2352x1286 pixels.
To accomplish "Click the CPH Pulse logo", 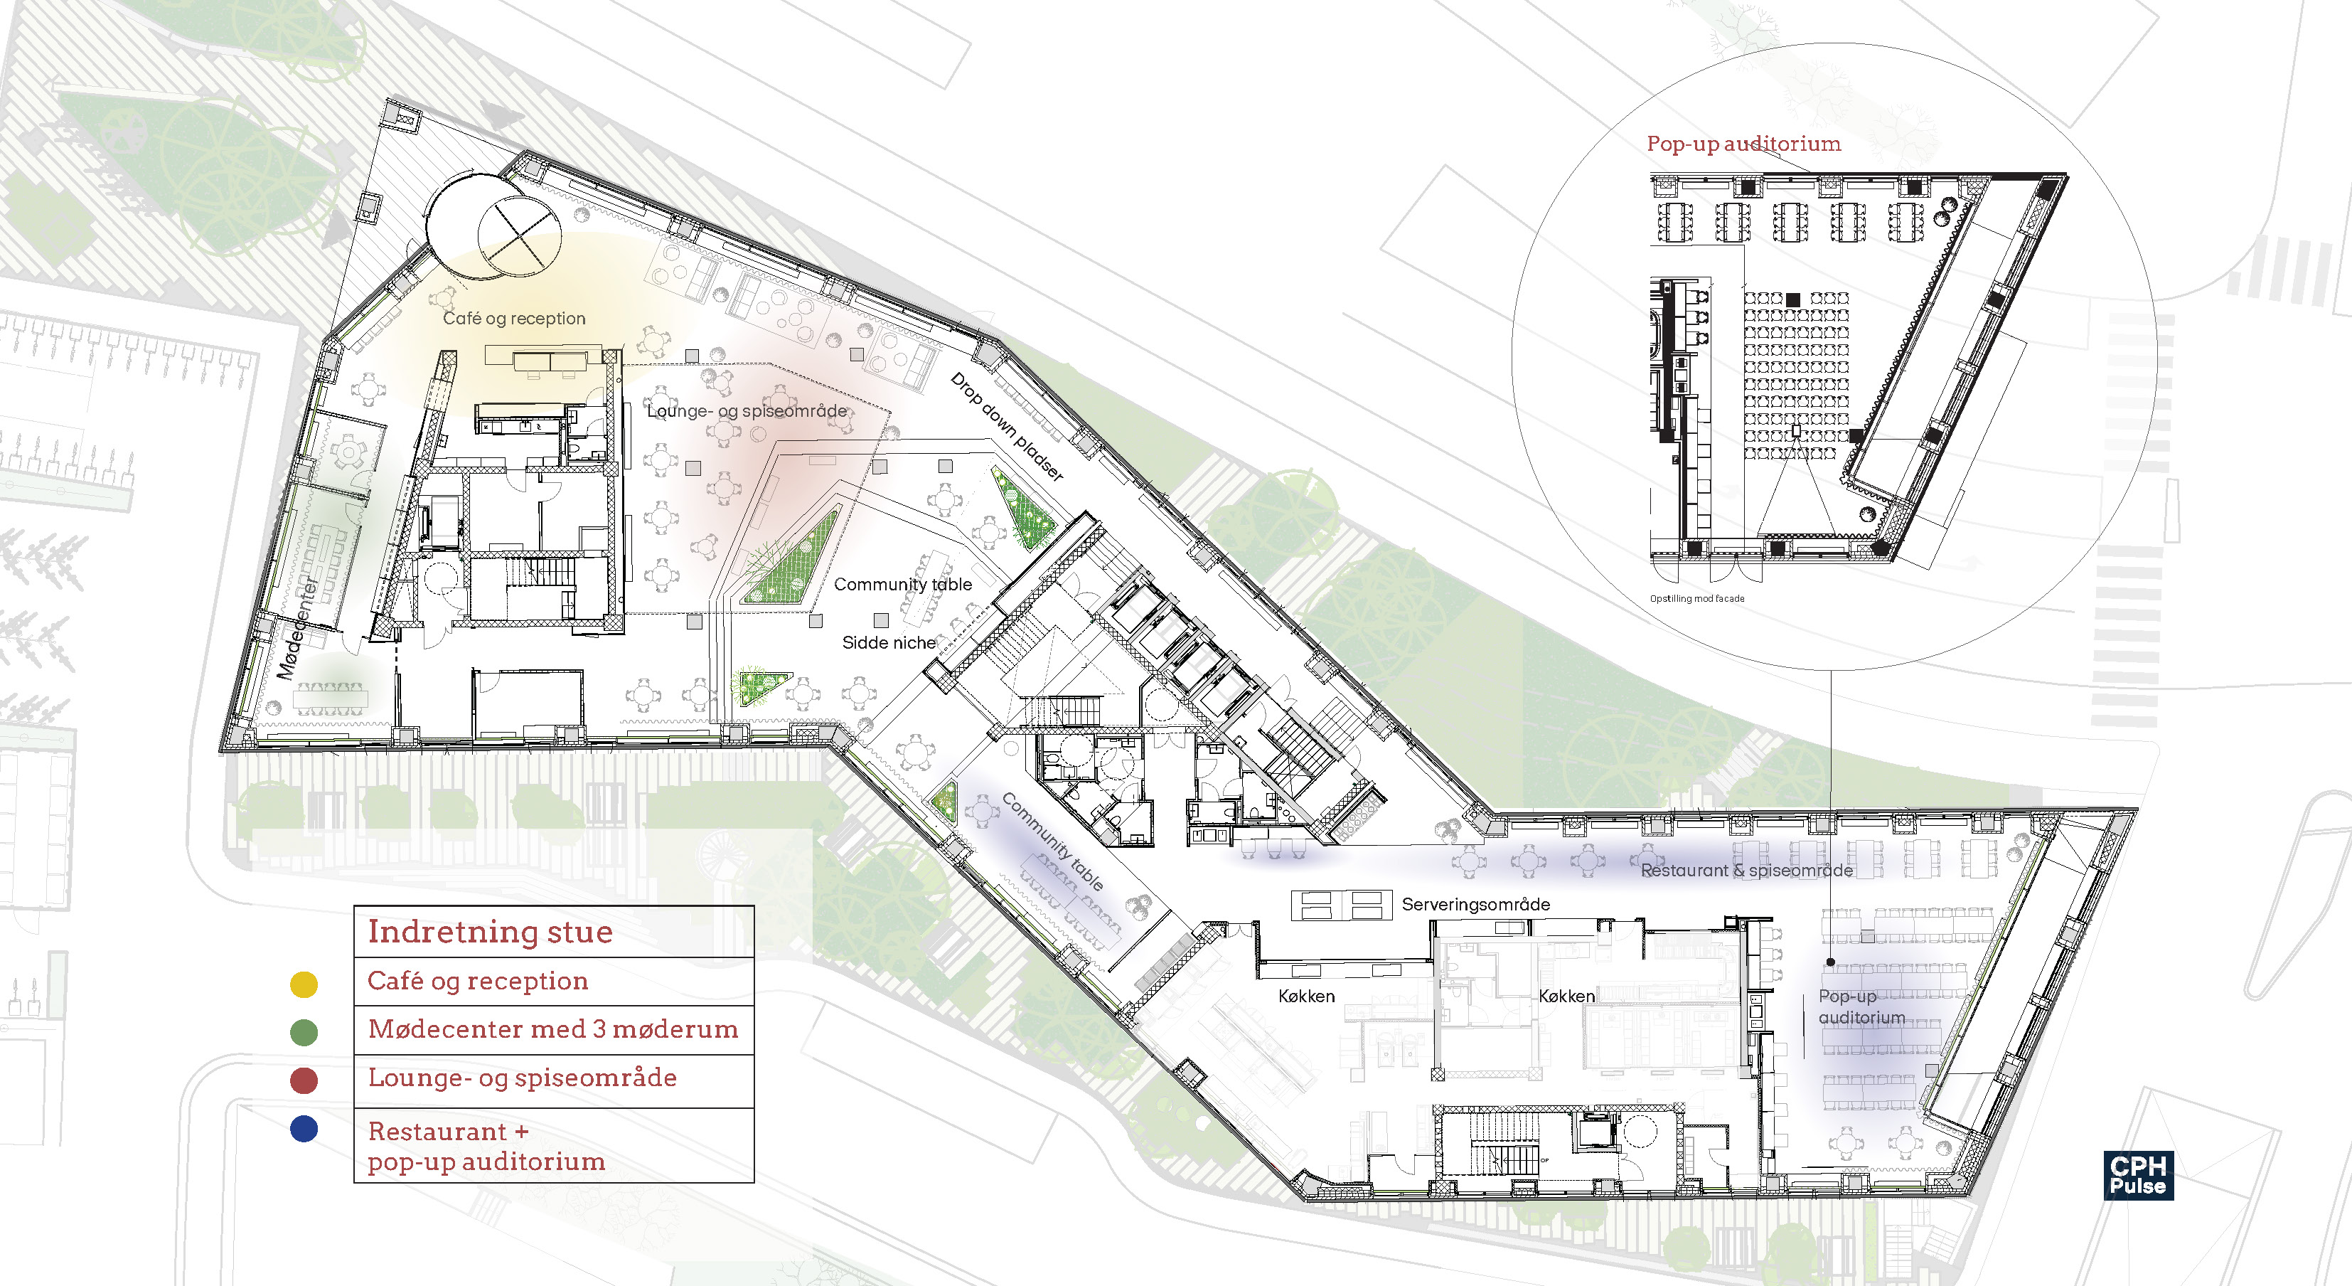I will click(x=2137, y=1176).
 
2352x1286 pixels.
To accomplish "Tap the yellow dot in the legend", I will click(x=303, y=984).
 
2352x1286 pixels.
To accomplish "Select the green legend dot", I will click(x=303, y=1032).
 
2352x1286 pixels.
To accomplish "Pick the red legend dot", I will click(x=303, y=1080).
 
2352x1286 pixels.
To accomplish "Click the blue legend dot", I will click(x=303, y=1129).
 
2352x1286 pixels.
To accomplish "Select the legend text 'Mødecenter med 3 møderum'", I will click(x=552, y=1029).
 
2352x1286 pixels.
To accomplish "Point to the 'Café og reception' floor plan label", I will click(x=514, y=318).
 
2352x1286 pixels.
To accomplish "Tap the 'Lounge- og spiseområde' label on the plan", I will click(x=746, y=411).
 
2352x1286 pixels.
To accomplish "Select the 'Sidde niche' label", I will click(x=888, y=643).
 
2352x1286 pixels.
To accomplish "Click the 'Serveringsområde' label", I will click(x=1475, y=904).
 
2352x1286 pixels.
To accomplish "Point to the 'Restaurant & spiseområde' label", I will click(x=1746, y=871).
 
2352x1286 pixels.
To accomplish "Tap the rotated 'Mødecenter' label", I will click(x=299, y=627).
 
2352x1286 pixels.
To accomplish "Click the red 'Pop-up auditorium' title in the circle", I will click(x=1743, y=144).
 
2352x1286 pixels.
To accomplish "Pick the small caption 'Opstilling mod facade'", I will click(x=1696, y=599).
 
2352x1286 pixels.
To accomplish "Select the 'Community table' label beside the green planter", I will click(x=902, y=585).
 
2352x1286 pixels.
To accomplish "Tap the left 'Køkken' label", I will click(x=1305, y=997).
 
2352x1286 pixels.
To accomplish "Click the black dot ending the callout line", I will click(x=1831, y=962).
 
